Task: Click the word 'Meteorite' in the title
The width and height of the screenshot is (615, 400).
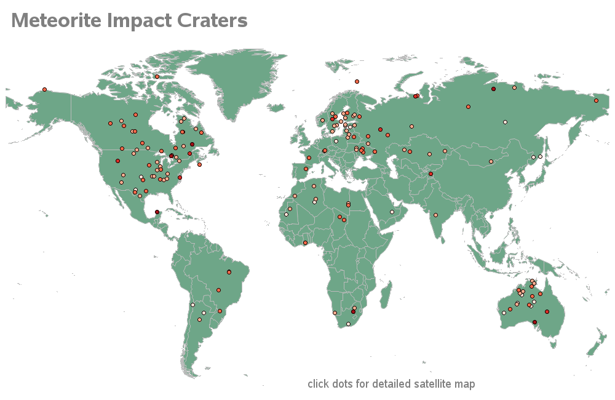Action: (57, 21)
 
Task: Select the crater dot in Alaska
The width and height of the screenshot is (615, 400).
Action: (44, 89)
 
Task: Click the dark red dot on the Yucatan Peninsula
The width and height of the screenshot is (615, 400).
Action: (157, 213)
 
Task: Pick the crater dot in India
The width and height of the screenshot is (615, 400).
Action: (435, 215)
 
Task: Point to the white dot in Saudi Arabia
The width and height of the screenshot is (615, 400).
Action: (392, 212)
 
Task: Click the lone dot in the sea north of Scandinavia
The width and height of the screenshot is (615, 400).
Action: (357, 81)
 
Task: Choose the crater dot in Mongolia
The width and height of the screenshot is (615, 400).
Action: (491, 162)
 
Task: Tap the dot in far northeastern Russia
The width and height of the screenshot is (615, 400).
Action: (596, 100)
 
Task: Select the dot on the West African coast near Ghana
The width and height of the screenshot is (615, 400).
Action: (305, 243)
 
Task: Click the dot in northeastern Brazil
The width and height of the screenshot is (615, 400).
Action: (229, 272)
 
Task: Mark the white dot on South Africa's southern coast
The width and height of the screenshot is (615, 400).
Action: (348, 324)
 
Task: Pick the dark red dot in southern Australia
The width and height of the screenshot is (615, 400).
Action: (534, 322)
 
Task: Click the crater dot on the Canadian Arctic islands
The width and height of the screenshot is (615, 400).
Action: (157, 77)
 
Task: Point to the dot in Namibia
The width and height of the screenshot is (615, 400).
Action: (335, 313)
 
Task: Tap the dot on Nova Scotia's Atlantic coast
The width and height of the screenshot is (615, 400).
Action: (199, 164)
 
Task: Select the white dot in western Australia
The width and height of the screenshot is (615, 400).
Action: (504, 313)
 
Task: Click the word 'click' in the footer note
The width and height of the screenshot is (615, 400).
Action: (318, 384)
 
